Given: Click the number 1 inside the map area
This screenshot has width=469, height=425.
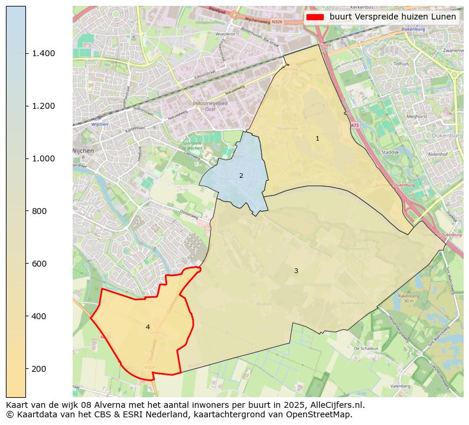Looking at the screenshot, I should tap(317, 138).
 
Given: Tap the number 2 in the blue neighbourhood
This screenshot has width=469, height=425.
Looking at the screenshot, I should tap(241, 176).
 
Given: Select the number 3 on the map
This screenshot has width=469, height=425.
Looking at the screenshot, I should tap(296, 271).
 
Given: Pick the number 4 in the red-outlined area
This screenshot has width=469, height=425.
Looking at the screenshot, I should tap(148, 327).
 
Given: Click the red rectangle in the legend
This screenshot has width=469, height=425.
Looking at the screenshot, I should tap(315, 17).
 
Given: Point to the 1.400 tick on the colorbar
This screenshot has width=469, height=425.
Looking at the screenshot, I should tap(43, 53).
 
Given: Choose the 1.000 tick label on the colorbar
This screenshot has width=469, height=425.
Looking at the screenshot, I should tap(43, 158).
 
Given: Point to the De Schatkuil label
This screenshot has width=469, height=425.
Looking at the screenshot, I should tap(365, 349).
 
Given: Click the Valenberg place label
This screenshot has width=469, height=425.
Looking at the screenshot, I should tap(400, 386).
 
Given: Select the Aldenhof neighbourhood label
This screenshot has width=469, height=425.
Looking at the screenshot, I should tap(438, 154).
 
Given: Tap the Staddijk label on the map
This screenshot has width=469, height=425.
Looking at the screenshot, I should tap(390, 152).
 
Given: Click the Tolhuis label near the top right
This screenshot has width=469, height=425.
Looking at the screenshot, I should tap(401, 63).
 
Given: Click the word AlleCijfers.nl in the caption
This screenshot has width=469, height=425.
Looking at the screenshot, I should tap(337, 405).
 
